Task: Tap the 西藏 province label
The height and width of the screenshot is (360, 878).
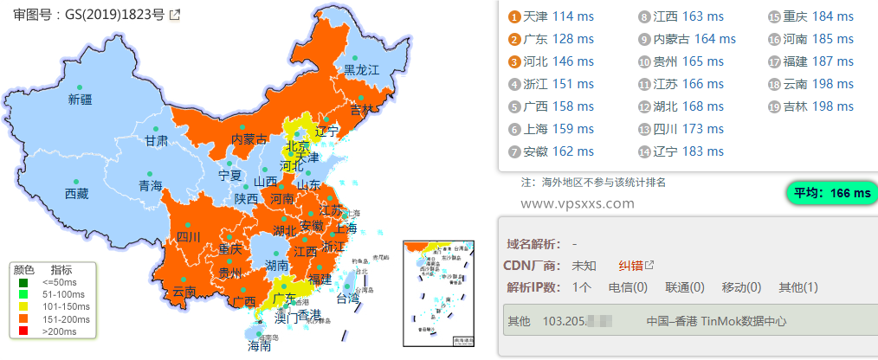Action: tap(76, 194)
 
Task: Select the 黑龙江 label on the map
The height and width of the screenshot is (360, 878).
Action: tap(362, 69)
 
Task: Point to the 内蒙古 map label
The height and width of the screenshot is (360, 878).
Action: tap(249, 139)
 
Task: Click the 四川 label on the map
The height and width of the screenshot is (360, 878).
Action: tap(188, 236)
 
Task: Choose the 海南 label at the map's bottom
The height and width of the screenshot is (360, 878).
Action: tap(260, 346)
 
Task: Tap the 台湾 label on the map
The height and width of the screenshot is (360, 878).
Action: tap(347, 299)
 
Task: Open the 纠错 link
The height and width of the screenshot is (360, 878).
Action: tap(630, 265)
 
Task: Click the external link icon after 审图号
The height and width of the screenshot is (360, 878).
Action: tap(175, 15)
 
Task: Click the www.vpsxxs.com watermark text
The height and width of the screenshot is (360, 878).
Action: tap(578, 203)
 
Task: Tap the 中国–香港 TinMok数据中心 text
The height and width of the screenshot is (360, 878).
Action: tap(716, 320)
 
